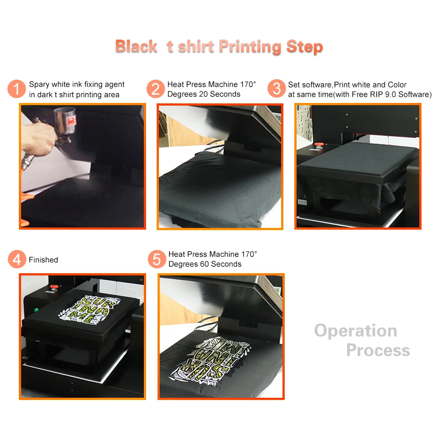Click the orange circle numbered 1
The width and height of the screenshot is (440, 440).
click(17, 89)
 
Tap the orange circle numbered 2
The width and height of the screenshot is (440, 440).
click(155, 89)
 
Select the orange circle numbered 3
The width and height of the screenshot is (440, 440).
click(276, 88)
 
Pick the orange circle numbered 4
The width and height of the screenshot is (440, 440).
click(17, 259)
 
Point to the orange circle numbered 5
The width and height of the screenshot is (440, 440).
click(157, 259)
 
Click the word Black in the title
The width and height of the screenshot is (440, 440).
click(136, 46)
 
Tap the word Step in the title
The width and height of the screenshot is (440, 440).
click(305, 47)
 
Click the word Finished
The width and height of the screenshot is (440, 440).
click(44, 260)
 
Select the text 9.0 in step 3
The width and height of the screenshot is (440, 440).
click(391, 95)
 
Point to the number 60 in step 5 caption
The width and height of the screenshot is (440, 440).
click(205, 264)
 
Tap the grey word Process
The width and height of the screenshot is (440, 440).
click(378, 350)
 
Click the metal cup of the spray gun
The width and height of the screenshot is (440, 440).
click(65, 121)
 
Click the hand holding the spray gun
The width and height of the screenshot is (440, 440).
click(38, 138)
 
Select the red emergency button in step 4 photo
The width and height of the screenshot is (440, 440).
click(54, 287)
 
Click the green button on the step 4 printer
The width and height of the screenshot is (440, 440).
click(36, 310)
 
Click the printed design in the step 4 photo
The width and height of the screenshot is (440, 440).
click(89, 309)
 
